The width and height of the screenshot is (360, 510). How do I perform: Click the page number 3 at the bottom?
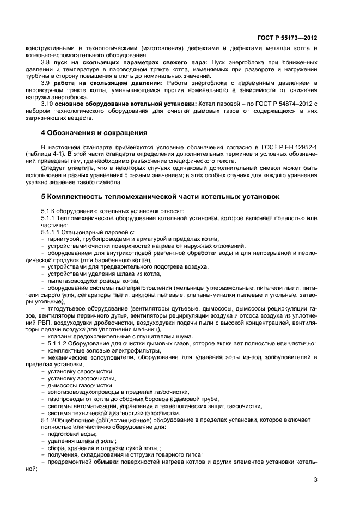click(x=316, y=479)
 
